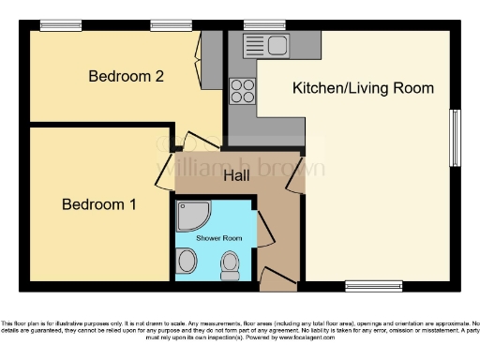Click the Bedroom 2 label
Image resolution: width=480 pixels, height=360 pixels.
pos(127,76)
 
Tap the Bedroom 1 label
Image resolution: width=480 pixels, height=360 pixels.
pos(99,203)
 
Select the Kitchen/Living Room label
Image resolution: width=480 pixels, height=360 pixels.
pos(363,88)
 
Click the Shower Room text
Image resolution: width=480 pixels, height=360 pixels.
pos(218,238)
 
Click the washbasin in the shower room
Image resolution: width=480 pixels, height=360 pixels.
pos(187,262)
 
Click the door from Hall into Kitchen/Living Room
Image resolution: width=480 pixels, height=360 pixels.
pos(295,176)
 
